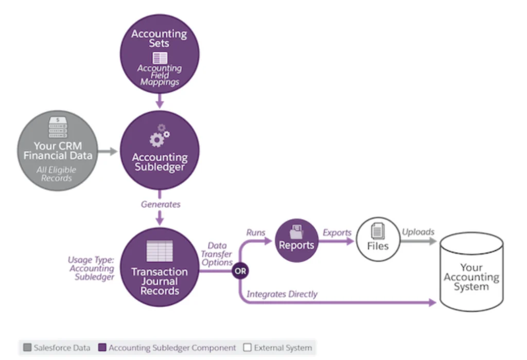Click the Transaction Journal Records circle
click(x=160, y=268)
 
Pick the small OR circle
click(x=240, y=270)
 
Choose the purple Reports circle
click(x=296, y=241)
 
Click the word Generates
click(x=161, y=204)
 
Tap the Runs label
click(x=256, y=232)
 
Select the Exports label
click(x=337, y=232)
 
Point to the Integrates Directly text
click(x=282, y=294)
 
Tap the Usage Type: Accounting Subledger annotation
click(x=91, y=268)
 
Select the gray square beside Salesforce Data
click(x=27, y=348)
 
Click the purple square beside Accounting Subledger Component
click(x=102, y=348)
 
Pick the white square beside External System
click(x=247, y=348)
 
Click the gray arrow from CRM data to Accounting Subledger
click(x=108, y=151)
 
